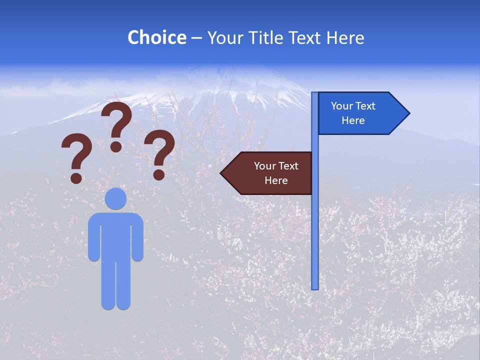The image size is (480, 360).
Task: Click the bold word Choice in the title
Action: coord(156,37)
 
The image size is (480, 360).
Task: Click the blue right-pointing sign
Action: coord(360,113)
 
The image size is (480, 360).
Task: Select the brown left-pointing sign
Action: coord(267,173)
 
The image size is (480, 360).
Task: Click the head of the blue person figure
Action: coord(115,198)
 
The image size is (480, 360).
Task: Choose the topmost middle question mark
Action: coord(116,125)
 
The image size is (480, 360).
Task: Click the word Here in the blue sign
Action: coord(353,120)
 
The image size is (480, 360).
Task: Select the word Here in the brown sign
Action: coord(276,180)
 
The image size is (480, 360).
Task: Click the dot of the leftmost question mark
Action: coord(76,177)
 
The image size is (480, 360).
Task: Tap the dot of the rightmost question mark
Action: coord(159,174)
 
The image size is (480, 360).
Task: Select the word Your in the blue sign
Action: coord(342,106)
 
